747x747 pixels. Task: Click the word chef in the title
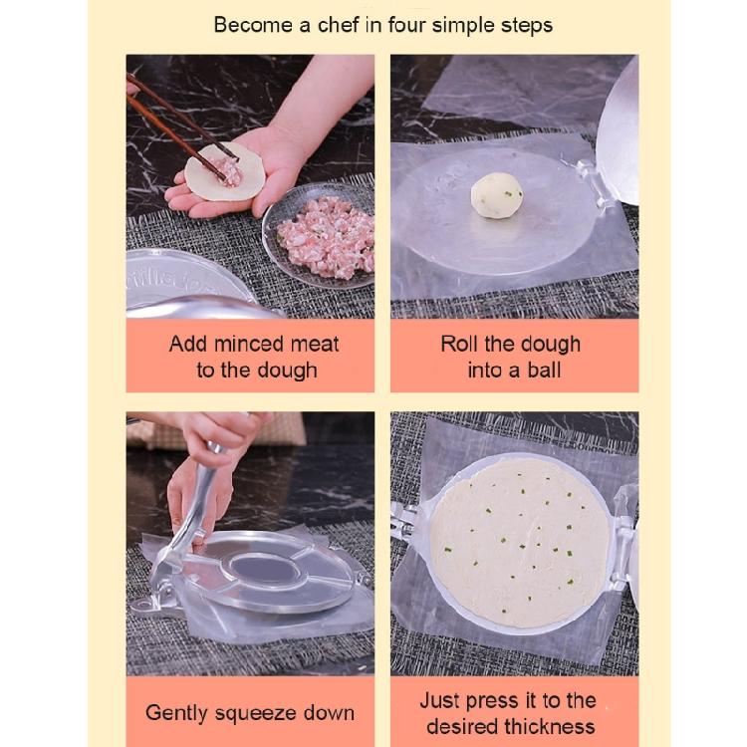point(338,25)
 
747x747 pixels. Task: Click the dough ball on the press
point(497,195)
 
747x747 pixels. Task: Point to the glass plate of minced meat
point(320,236)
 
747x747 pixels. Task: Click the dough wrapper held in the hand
point(224,171)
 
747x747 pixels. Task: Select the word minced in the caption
point(246,344)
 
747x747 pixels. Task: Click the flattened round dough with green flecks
point(519,543)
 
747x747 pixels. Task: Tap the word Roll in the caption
point(458,344)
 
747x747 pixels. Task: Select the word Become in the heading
point(253,25)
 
